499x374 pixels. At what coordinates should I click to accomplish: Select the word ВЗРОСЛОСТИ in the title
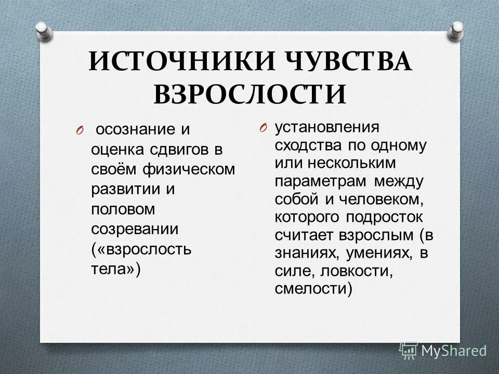click(x=250, y=95)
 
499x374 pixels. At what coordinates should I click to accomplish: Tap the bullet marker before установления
click(x=264, y=128)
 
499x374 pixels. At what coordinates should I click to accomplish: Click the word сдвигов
click(x=174, y=150)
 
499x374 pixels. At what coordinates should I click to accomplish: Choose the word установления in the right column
click(x=327, y=127)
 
